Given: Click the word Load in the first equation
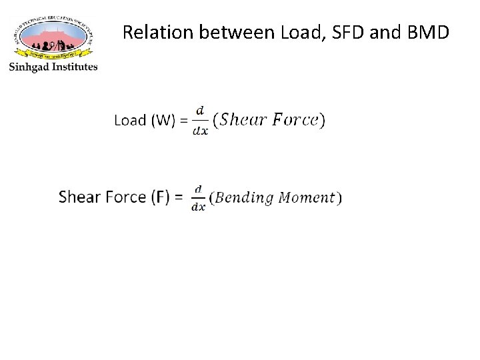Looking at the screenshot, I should pos(130,121).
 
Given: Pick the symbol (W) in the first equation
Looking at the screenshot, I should pos(163,121).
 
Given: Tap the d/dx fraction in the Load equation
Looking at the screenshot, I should pos(200,121).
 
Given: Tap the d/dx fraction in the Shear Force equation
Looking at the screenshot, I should pos(198,198).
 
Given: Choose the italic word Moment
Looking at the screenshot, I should pos(306,198).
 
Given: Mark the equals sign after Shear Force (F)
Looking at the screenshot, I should pos(178,197).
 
